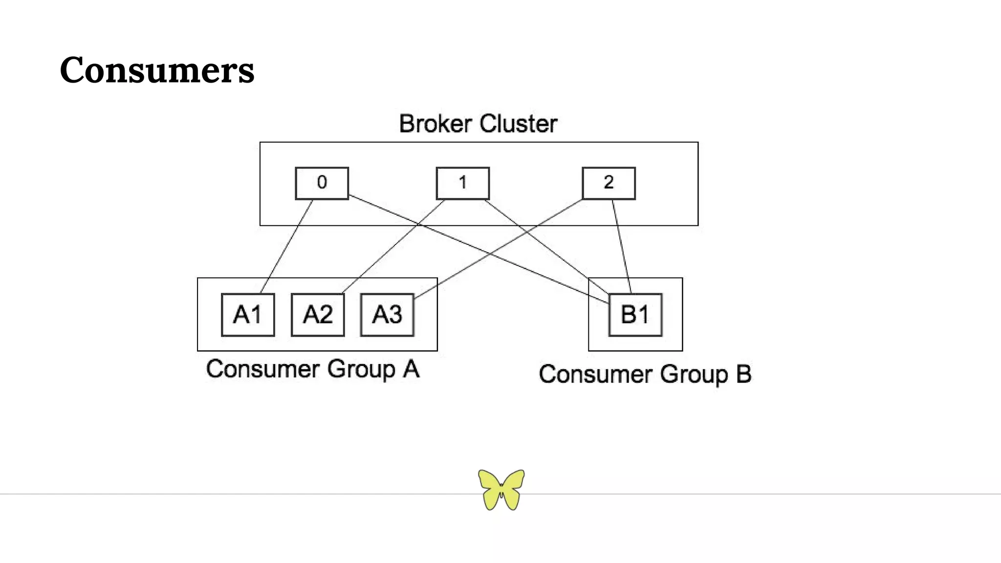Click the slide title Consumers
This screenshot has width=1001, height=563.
pyautogui.click(x=157, y=70)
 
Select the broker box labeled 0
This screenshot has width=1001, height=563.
pyautogui.click(x=322, y=183)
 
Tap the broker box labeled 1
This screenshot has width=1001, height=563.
pyautogui.click(x=462, y=183)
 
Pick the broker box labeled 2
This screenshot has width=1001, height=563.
pyautogui.click(x=609, y=183)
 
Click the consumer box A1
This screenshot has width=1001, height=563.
pyautogui.click(x=248, y=315)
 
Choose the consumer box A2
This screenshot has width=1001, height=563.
pyautogui.click(x=318, y=315)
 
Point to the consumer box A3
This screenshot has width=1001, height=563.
pyautogui.click(x=387, y=315)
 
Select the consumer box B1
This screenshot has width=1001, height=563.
pyautogui.click(x=635, y=315)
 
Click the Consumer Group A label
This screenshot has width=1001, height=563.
pyautogui.click(x=313, y=369)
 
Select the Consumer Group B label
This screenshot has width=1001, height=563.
pyautogui.click(x=645, y=374)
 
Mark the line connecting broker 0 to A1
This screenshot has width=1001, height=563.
pyautogui.click(x=287, y=246)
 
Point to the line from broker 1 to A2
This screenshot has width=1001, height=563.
pyautogui.click(x=393, y=246)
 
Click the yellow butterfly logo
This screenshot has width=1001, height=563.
pyautogui.click(x=501, y=489)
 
